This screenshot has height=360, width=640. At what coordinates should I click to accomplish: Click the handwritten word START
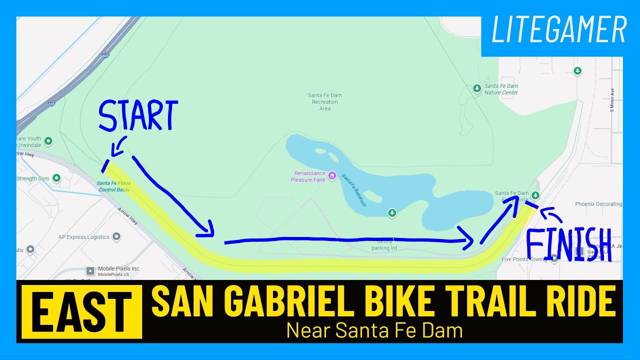tap(138, 116)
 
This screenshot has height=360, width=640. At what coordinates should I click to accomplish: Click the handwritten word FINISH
tap(568, 244)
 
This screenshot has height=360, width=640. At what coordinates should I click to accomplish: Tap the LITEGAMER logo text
tap(559, 30)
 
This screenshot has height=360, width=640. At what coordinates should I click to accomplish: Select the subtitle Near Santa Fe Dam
tap(374, 330)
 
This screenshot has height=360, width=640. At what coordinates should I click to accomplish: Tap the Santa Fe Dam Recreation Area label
tap(325, 101)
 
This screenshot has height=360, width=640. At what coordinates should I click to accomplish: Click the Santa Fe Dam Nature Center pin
tap(477, 88)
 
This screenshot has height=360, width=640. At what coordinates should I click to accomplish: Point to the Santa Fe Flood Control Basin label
tap(113, 186)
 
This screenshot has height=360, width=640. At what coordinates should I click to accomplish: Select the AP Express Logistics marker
tap(116, 236)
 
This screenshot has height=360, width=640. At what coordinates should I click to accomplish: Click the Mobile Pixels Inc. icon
tap(90, 271)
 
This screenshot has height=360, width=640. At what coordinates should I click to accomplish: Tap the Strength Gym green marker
tap(56, 178)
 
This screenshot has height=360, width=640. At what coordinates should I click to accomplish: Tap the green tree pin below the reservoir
tap(392, 213)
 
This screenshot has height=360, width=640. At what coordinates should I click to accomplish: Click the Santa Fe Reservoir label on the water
tap(354, 190)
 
